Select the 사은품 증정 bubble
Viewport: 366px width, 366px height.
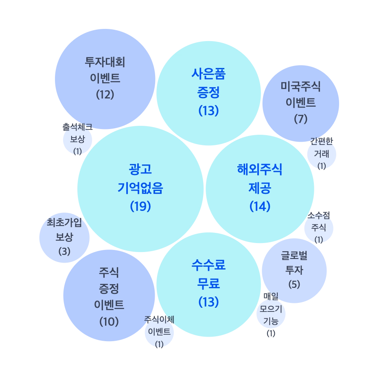pos(208,94)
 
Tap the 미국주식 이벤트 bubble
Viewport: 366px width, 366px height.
pos(300,102)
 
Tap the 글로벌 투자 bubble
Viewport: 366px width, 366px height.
pos(294,270)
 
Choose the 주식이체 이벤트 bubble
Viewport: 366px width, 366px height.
pos(159,333)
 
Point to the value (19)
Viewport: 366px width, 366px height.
pos(140,206)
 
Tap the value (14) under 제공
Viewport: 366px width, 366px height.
pos(260,206)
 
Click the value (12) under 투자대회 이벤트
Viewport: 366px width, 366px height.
pos(105,94)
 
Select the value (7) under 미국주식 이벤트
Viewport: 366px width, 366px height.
pos(300,119)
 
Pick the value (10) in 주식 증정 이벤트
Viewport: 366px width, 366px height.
pos(109,321)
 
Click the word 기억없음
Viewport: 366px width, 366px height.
pos(140,188)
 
